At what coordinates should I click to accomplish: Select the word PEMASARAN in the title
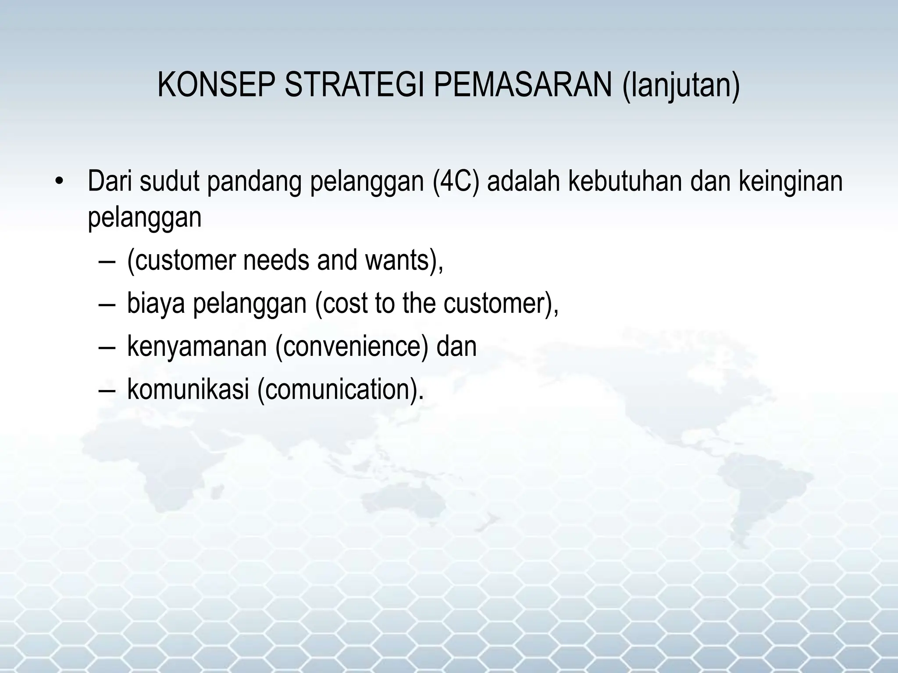coord(523,85)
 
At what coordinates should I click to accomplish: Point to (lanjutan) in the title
coord(681,86)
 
